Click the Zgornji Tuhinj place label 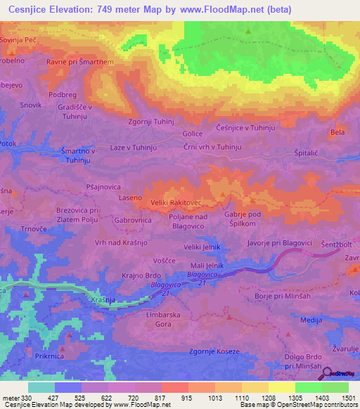[150, 121]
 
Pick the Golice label [193, 134]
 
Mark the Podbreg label [63, 95]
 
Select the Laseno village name [130, 200]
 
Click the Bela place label [338, 132]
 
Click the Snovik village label [32, 105]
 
